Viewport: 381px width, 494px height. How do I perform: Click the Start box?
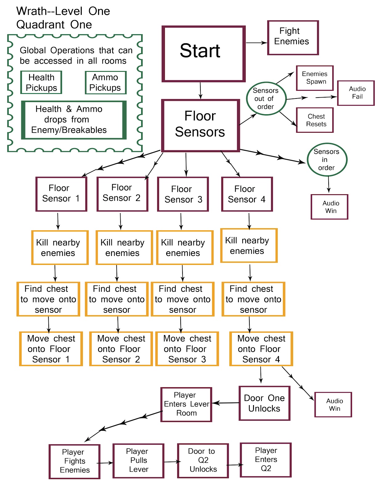203,54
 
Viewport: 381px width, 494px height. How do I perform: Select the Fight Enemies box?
293,38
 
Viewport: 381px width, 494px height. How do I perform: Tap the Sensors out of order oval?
266,98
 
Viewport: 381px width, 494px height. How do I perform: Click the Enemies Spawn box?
315,78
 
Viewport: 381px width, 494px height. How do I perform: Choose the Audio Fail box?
356,93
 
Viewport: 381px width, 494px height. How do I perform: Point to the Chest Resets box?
315,120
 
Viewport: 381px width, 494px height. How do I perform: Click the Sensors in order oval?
327,160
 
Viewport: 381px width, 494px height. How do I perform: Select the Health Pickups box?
41,82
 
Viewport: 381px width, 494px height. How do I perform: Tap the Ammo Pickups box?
105,82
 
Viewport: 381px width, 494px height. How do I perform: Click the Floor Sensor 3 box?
183,194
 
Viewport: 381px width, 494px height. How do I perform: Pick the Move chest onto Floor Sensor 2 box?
121,349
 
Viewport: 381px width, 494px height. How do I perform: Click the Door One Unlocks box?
264,403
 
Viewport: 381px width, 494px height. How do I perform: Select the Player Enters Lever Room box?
186,404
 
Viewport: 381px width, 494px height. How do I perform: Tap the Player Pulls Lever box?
138,461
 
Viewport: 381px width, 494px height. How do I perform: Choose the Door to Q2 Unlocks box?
203,461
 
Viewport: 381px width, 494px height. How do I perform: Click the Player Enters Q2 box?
266,460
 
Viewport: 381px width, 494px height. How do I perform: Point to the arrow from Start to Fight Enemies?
256,43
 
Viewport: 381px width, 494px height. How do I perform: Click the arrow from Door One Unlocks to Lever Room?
226,403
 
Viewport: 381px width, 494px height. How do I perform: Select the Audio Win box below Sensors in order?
330,207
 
